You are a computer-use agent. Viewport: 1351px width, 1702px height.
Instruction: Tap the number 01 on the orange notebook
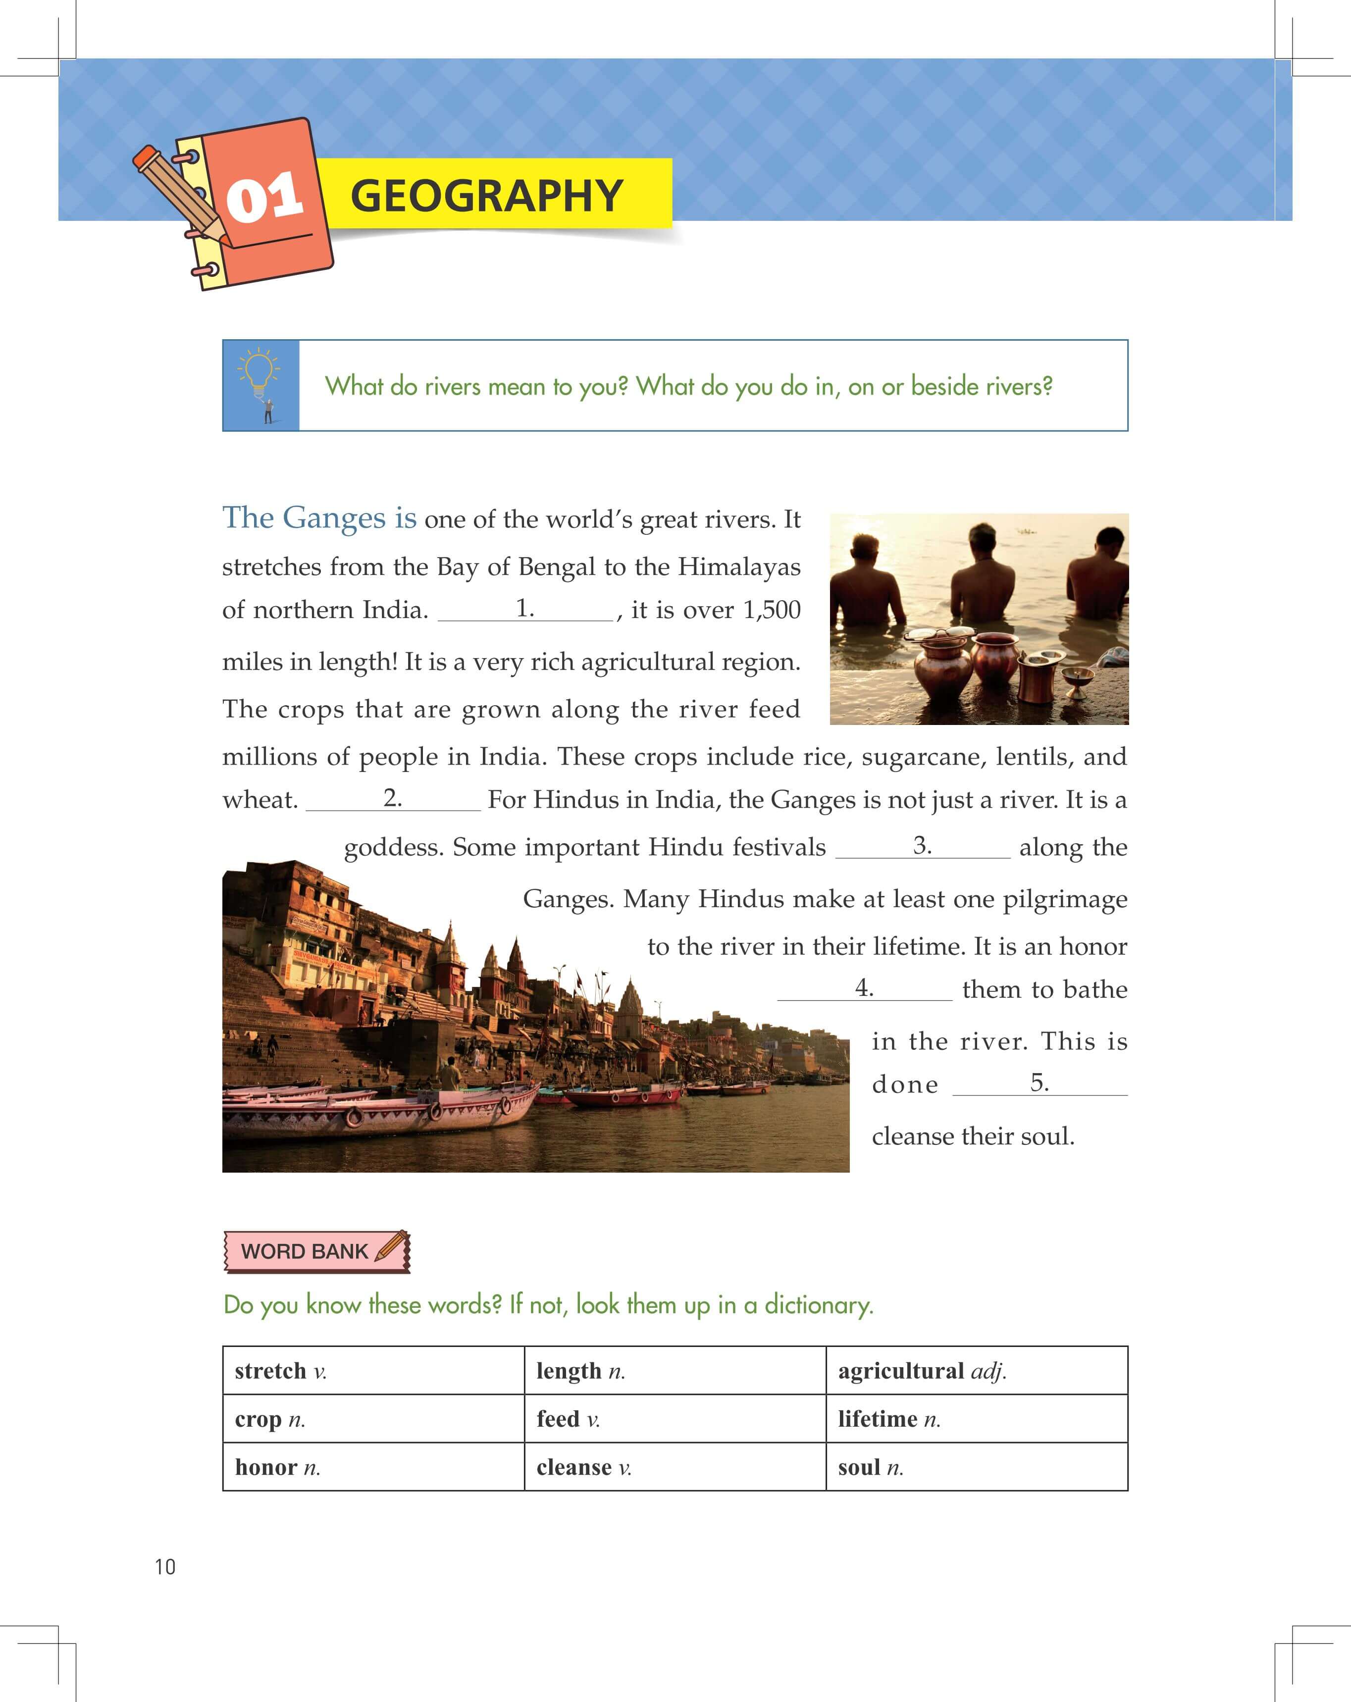click(264, 198)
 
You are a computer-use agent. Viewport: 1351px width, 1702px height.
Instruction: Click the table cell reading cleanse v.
click(675, 1468)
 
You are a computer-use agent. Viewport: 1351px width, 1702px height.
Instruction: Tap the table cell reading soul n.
click(976, 1468)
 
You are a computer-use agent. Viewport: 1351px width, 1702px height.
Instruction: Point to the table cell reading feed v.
click(675, 1419)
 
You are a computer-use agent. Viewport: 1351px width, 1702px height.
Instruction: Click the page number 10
click(165, 1567)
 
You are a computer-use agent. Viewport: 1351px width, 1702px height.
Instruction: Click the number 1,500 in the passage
click(772, 610)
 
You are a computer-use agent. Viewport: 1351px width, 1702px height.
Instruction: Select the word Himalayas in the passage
click(739, 567)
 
